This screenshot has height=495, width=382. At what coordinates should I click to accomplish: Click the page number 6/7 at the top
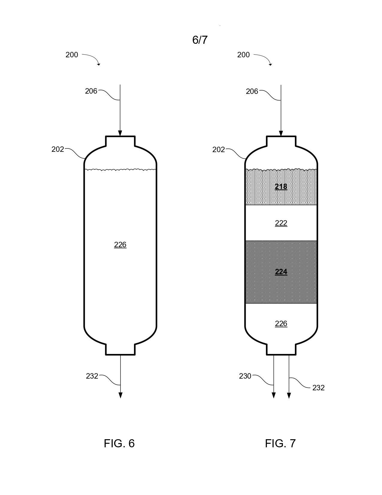pos(200,40)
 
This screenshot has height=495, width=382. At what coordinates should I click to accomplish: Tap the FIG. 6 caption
pos(119,443)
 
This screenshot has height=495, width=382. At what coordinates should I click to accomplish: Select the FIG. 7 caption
pos(280,443)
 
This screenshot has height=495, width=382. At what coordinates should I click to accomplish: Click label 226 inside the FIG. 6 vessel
pos(120,245)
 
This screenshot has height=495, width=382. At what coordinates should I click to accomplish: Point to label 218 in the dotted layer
pos(281,187)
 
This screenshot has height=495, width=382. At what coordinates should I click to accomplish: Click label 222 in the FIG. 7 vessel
pos(281,223)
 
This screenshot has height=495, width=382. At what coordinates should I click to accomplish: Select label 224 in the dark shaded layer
pos(281,272)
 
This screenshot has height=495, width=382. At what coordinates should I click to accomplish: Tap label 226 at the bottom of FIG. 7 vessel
pos(281,323)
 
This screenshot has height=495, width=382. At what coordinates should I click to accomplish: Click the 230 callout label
pos(245,376)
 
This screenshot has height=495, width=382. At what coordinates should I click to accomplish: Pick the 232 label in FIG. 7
pos(318,388)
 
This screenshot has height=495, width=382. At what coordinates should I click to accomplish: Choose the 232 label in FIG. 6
pos(92,376)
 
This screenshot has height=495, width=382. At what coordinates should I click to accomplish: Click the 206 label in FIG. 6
pos(91,91)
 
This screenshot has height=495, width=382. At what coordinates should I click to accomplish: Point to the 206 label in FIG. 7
pos(252,91)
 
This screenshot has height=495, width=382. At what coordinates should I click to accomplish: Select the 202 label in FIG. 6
pos(58,149)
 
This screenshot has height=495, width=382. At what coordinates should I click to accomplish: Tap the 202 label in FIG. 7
pos(218,149)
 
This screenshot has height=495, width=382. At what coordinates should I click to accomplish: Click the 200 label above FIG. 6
pos(72,55)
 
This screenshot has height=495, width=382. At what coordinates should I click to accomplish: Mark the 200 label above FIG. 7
pos(244,55)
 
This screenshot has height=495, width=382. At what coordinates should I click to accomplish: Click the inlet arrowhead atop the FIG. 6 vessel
pos(120,133)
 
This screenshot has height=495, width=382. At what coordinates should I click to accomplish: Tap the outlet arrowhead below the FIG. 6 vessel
pos(120,395)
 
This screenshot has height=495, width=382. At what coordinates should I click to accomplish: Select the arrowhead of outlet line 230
pos(274,395)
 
